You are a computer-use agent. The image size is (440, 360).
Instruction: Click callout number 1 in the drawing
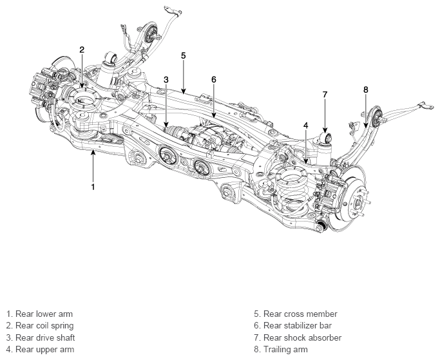point(93,187)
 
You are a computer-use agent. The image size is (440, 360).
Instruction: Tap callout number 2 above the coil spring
point(82,50)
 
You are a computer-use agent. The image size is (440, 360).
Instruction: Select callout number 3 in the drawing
point(166,80)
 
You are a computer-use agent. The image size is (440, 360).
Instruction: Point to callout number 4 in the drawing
point(306,126)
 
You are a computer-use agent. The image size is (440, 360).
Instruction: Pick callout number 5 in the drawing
point(183,55)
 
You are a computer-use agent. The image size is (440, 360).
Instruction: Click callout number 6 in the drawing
point(214,80)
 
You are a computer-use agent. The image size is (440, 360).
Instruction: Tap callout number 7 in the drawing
point(325,95)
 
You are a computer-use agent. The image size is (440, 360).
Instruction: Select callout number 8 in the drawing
point(366,90)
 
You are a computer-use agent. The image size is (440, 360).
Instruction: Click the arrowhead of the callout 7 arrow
point(325,130)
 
